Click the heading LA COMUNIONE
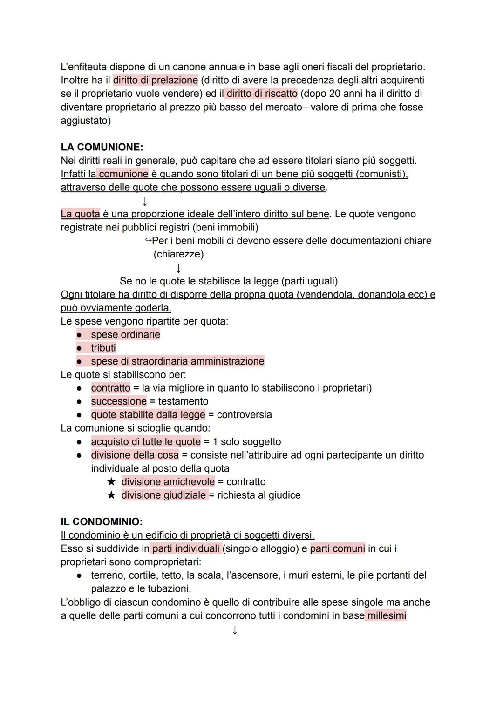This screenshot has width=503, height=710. [x=102, y=147]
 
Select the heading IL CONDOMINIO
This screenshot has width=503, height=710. [x=102, y=521]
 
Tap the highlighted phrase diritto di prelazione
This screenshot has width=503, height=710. [x=155, y=80]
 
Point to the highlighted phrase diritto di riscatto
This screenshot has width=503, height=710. [x=261, y=94]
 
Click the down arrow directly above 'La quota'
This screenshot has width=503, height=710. [x=145, y=202]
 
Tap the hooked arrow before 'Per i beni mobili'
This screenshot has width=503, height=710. [x=148, y=241]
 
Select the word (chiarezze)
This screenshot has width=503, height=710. [x=178, y=254]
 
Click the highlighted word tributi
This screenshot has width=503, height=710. [x=103, y=348]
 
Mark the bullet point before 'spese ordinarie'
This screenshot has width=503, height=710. [x=80, y=335]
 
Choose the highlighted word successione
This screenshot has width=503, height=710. [x=119, y=401]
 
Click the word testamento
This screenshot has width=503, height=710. [x=183, y=401]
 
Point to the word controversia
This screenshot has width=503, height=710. [x=244, y=415]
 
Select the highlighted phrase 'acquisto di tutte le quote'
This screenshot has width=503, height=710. [x=146, y=442]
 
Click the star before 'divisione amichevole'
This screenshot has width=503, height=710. [x=111, y=482]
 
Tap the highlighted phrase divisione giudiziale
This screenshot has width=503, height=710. [x=163, y=495]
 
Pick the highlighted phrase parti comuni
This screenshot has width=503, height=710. [x=337, y=548]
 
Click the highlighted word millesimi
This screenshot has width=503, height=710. [x=387, y=615]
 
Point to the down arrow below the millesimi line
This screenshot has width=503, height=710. [x=235, y=630]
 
